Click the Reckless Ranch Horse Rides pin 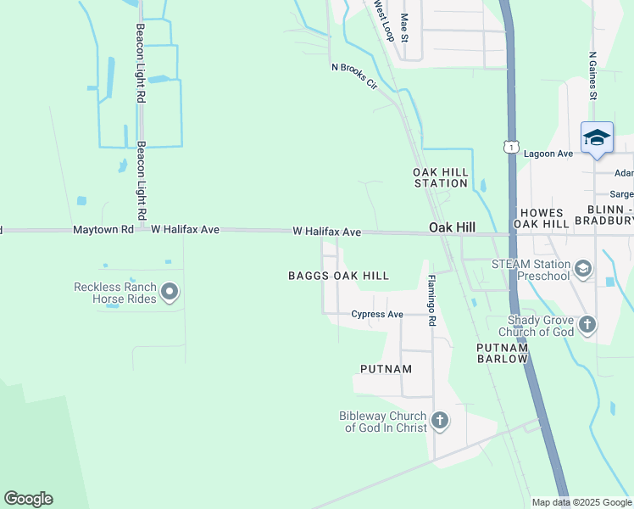[170, 293]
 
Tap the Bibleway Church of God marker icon [439, 420]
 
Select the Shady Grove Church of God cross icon [587, 324]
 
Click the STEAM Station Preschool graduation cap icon [582, 270]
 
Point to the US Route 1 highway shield [510, 148]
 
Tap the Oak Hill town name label [452, 228]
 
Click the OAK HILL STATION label [441, 177]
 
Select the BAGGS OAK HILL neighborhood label [338, 276]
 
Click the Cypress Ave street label [377, 315]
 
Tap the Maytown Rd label [103, 230]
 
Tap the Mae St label [405, 29]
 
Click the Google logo [28, 499]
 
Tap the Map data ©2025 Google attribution [581, 502]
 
